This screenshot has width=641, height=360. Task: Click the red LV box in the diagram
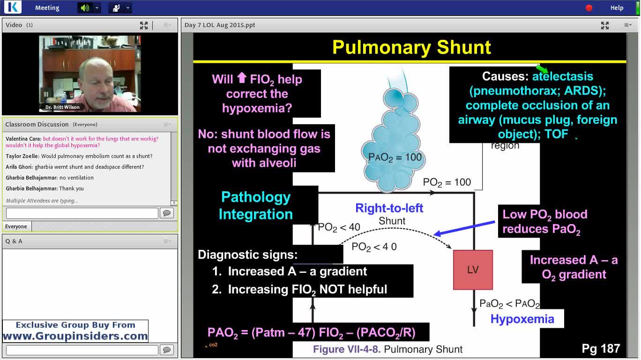pos(473,270)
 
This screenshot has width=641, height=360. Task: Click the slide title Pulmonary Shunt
pos(411,47)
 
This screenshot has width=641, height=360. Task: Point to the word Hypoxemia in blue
pos(522,319)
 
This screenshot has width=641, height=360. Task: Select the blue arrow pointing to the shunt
pos(464,228)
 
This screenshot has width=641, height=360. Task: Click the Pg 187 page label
pos(601,348)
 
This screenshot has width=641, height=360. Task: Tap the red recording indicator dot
pos(589,7)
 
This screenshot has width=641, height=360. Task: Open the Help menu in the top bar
pos(617,7)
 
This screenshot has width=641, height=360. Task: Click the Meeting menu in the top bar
pos(47,7)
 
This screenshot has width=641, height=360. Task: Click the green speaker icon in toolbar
pos(84,7)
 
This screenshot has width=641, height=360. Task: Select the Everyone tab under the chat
pos(16,226)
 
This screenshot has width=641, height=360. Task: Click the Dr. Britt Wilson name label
pos(62,107)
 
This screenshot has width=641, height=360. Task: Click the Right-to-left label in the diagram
pos(389,208)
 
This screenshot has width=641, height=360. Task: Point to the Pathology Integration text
pos(256,205)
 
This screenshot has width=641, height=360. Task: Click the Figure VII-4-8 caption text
pos(388,349)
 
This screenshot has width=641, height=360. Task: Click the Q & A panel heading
pos(14,241)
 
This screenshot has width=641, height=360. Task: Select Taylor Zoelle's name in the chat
pos(22,156)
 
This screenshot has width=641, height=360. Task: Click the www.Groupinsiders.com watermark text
pos(75,336)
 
